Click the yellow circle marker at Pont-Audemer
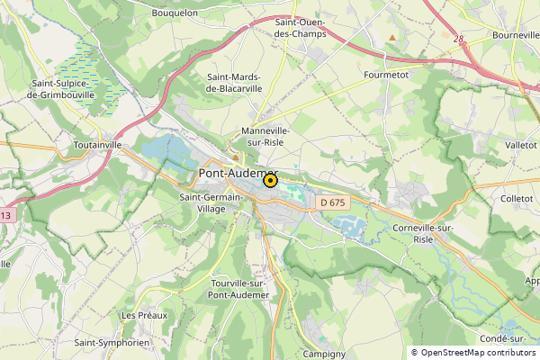coord(269,181)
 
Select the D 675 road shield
coord(333,202)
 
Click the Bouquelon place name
coord(175,13)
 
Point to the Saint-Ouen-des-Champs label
coord(301,28)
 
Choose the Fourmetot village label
coord(386,76)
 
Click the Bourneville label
coord(516,35)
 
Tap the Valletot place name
coord(520,144)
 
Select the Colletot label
coord(517,198)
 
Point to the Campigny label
coord(325,354)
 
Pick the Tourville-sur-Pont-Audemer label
coord(238,288)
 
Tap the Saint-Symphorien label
coord(111,343)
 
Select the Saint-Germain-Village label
coord(212,202)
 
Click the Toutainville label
coord(97,144)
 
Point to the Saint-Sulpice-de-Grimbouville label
coord(63,89)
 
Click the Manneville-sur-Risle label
coord(267,136)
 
